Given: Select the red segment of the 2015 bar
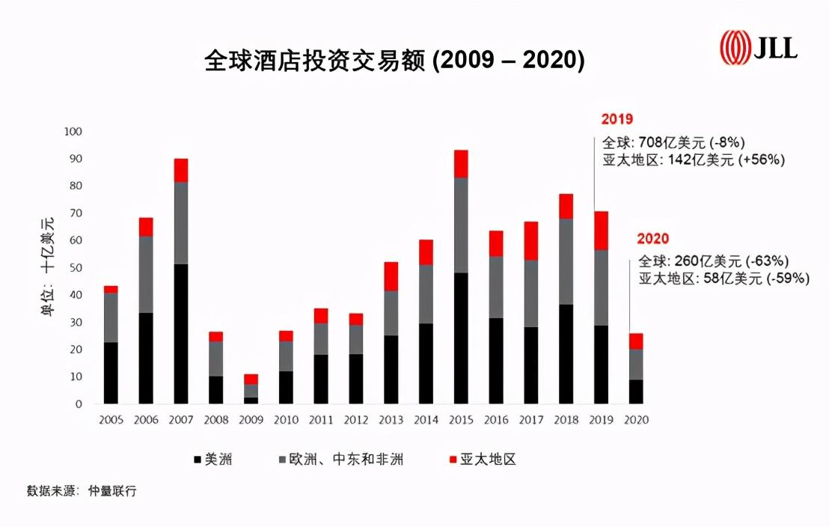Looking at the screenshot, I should coord(461,163).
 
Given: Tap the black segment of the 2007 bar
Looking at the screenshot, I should coord(180,333).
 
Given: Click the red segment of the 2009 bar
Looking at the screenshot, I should coord(251,379).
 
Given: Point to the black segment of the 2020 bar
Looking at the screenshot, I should coord(635,392).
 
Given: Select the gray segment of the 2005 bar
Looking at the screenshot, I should coord(111,317).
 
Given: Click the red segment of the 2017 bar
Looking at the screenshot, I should coord(531,240).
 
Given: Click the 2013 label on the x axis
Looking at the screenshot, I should coord(391,420).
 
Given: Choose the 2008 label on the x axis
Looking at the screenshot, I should coord(215,420).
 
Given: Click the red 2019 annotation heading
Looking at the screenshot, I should coord(617,119).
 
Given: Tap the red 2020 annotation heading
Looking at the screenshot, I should coord(652,239).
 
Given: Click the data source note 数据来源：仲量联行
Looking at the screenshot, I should coord(82,492).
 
